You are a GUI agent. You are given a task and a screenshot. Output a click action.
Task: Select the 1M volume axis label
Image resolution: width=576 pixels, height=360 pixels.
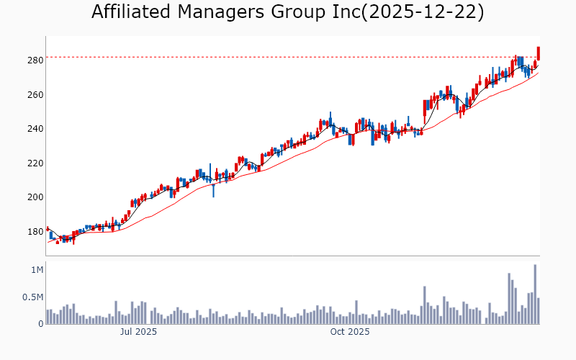(x=36, y=270)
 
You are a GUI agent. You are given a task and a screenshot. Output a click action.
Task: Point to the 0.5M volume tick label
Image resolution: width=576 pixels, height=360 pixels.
(x=32, y=297)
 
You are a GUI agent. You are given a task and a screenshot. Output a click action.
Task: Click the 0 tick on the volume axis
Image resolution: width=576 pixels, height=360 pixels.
(x=40, y=324)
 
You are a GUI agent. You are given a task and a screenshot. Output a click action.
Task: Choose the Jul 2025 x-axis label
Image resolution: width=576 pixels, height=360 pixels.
(x=138, y=332)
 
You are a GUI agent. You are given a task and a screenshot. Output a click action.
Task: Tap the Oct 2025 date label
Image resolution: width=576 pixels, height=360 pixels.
(x=349, y=332)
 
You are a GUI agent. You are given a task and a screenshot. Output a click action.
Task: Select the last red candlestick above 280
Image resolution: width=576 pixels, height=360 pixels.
(x=538, y=53)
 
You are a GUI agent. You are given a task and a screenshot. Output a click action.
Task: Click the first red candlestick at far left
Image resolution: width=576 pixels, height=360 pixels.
(x=48, y=229)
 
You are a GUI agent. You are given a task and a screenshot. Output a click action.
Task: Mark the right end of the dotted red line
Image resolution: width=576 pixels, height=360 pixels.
(x=539, y=57)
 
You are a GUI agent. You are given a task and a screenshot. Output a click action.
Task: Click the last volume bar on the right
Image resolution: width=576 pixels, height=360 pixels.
(x=539, y=311)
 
